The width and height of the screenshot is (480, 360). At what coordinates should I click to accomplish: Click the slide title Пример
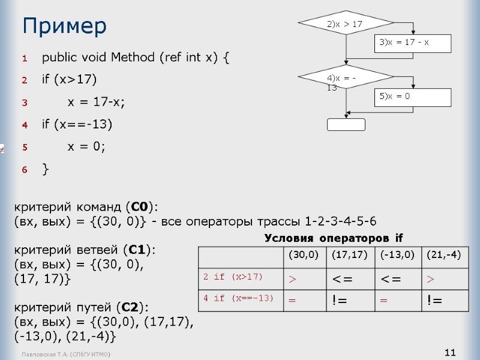tap(64, 26)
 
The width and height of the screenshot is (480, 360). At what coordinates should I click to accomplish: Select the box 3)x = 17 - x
tap(412, 43)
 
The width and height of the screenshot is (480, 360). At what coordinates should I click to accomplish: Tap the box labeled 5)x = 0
tap(412, 97)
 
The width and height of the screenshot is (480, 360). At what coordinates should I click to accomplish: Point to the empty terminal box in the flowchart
tap(346, 124)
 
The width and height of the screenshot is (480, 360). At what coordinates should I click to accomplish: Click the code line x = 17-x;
tap(96, 103)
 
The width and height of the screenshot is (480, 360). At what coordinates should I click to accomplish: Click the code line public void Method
tap(135, 58)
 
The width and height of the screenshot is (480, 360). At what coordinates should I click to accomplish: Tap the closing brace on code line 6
tap(46, 170)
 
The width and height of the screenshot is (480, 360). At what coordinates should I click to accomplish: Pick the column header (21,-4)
tap(443, 256)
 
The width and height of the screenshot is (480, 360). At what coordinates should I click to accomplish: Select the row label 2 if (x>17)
tap(233, 277)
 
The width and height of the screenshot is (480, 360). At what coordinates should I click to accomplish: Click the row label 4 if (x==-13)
tap(238, 298)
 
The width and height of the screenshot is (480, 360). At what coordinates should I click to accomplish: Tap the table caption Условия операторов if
tap(334, 238)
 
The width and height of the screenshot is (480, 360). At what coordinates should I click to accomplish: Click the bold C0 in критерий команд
tap(139, 208)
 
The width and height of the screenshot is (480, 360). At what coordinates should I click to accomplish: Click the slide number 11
tap(450, 352)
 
